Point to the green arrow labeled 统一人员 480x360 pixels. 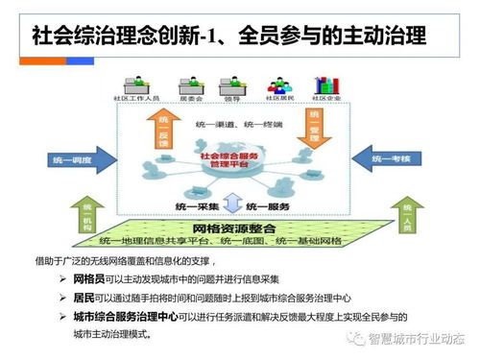point(402,215)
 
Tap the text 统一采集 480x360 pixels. point(197,206)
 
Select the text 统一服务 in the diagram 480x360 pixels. point(268,206)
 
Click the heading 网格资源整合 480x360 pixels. point(235,230)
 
